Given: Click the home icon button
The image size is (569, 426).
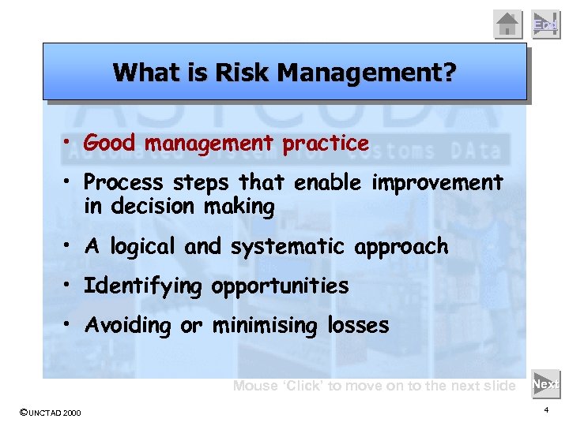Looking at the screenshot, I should coord(508,24).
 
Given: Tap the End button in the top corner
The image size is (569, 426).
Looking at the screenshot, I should coord(545,24).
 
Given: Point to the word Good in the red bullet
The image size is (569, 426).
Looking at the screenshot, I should coord(109,144).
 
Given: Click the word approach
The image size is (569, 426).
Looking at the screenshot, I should coord(401,247).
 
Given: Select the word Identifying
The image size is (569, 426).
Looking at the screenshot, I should coord(143,286).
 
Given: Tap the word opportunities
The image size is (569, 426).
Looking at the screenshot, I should coord(280,286).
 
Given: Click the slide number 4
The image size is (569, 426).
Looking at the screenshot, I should coord(546,410).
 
